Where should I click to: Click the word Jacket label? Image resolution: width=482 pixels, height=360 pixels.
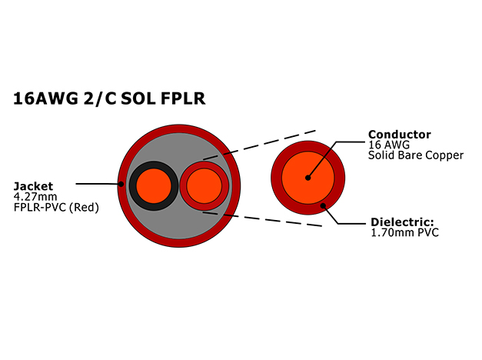33,186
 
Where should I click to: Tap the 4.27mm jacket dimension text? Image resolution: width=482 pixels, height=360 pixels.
35,197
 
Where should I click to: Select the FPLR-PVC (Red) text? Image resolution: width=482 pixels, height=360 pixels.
56,208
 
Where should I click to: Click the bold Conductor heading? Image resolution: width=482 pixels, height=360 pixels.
399,135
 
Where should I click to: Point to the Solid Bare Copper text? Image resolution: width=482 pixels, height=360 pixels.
416,155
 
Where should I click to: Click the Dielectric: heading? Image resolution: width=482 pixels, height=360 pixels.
402,222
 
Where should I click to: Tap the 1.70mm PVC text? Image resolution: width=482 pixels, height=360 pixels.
405,232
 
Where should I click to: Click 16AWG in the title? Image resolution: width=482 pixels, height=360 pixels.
45,98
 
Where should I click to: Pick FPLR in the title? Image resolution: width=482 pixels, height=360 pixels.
183,98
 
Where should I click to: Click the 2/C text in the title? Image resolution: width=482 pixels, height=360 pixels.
100,98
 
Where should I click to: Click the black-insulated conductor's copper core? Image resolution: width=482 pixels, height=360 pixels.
154,186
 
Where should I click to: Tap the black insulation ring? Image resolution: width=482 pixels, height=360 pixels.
132,186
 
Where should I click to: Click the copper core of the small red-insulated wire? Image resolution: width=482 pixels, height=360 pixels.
204,186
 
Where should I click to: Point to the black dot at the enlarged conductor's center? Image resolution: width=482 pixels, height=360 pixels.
308,178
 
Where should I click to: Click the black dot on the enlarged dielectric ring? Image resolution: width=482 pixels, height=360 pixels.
323,205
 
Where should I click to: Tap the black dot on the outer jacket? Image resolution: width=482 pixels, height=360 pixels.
121,184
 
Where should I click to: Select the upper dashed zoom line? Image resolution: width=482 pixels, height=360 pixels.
259,145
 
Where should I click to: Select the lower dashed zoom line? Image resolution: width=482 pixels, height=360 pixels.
262,218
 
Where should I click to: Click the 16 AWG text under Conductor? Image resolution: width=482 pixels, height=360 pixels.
389,145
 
